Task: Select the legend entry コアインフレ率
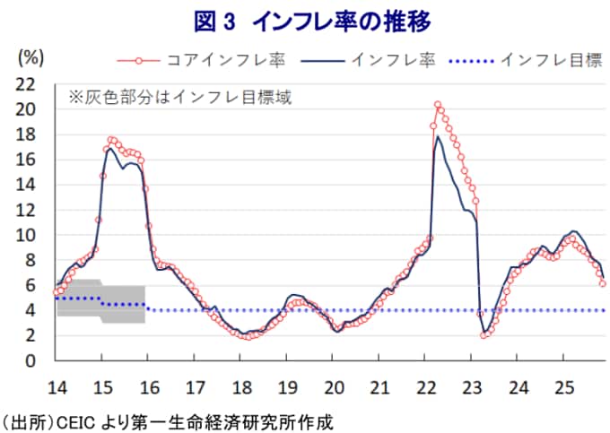[x=211, y=61]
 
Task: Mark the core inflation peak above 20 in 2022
[x=437, y=106]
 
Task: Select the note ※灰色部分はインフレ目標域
[x=179, y=96]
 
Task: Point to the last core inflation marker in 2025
[x=603, y=283]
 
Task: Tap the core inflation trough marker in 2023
[x=484, y=335]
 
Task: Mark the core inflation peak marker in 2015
[x=110, y=140]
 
